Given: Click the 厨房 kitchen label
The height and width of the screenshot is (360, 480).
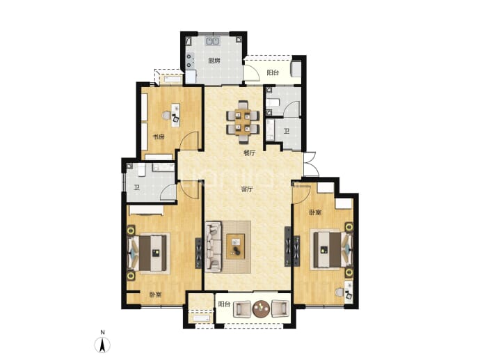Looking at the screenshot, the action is tap(214, 61).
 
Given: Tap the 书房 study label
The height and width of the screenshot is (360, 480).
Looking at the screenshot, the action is tap(159, 136).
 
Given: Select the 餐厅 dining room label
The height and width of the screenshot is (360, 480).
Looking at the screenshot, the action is tap(250, 153).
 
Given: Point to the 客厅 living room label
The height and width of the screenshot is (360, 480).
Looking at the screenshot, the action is tap(247, 189).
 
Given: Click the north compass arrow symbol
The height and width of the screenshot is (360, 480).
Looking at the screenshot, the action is tap(102, 345).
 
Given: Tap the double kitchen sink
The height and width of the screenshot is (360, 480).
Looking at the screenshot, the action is tap(213, 41).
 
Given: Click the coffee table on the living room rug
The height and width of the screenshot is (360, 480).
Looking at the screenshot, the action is tap(236, 246).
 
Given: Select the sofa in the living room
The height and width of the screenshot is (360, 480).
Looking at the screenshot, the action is tap(214, 247).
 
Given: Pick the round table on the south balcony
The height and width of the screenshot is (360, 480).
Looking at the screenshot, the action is tap(262, 308).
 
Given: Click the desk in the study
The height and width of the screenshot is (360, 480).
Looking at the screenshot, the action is tap(175, 115).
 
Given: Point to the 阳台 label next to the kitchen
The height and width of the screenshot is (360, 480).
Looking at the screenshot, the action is tap(273, 72).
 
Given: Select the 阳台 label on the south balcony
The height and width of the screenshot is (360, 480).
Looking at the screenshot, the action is tap(224, 304).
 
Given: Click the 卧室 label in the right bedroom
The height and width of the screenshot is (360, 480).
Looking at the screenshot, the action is tap(315, 212).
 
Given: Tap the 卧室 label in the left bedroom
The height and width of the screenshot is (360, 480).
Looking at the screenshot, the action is tap(156, 295).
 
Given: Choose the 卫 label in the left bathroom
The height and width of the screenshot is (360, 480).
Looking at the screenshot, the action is tap(136, 187).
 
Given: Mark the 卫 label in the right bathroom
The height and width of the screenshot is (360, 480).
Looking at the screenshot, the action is tap(287, 131).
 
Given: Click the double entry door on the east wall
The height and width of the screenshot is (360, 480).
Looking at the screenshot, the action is tap(310, 164).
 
